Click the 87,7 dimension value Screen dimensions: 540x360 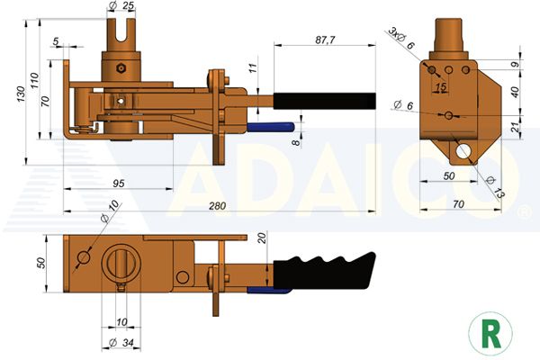325,40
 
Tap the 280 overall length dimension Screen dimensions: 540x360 217,206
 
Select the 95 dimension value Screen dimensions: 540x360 119,184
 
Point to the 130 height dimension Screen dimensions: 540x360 21,94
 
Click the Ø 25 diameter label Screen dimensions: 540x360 121,5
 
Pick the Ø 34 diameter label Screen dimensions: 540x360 121,343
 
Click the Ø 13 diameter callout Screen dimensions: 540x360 494,187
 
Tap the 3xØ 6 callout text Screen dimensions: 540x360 401,38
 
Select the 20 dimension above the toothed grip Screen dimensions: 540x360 263,238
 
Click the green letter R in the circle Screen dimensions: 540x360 490,334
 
